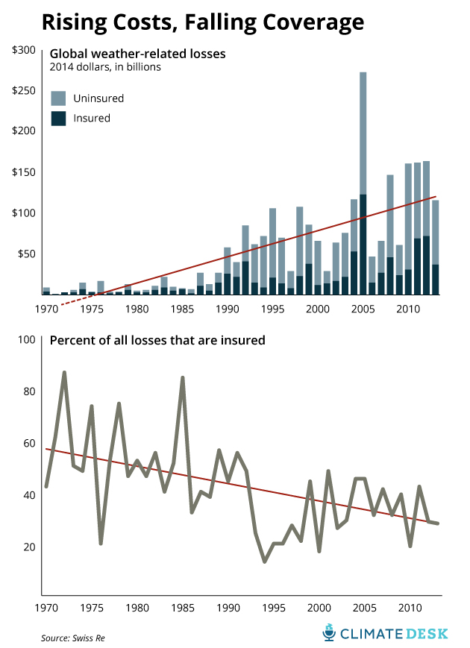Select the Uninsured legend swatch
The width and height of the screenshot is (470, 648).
pos(58,98)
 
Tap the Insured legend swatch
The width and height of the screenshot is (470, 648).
pos(58,118)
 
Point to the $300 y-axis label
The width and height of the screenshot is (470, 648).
pos(24,50)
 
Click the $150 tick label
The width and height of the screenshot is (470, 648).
pos(24,172)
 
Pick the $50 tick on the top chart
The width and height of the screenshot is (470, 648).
pos(26,254)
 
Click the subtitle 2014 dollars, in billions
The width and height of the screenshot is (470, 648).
pos(105,67)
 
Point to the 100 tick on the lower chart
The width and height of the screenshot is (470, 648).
pos(26,340)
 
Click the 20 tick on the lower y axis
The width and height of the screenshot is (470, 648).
pos(28,547)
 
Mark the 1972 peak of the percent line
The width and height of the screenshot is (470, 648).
pos(64,372)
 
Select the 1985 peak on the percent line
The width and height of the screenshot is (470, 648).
pos(183,378)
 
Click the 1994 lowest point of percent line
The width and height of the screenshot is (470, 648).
pos(264,562)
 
